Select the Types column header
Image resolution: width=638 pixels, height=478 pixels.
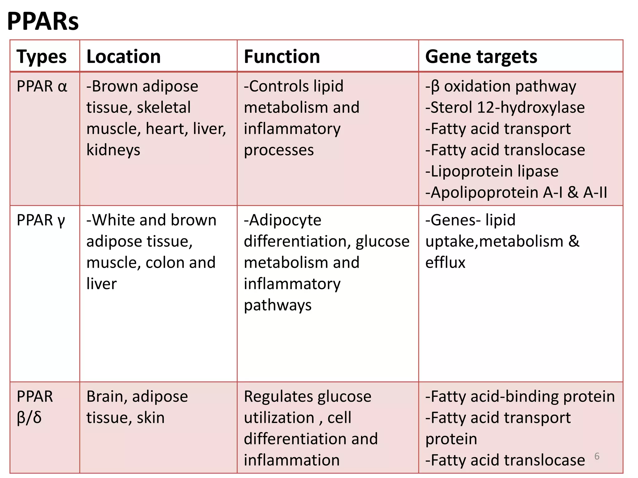(x=41, y=57)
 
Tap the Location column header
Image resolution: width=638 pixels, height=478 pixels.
(x=123, y=57)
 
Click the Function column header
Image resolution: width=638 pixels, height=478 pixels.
(x=282, y=57)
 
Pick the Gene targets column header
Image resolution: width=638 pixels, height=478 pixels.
(x=481, y=57)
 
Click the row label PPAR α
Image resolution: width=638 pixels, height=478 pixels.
(x=42, y=87)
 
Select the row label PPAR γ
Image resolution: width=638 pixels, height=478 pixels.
(x=41, y=220)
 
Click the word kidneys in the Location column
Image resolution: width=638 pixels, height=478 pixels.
(x=113, y=150)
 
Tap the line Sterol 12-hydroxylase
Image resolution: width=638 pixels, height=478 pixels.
(x=505, y=108)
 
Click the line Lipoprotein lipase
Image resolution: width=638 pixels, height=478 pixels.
(x=492, y=171)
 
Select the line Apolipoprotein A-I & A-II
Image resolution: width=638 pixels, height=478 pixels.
(x=516, y=193)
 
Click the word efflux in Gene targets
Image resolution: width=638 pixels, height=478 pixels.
(x=445, y=263)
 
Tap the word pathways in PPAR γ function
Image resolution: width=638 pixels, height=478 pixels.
(x=278, y=305)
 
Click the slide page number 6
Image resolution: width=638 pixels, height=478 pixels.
(x=597, y=456)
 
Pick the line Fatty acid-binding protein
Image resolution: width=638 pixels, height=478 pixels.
(x=520, y=397)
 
